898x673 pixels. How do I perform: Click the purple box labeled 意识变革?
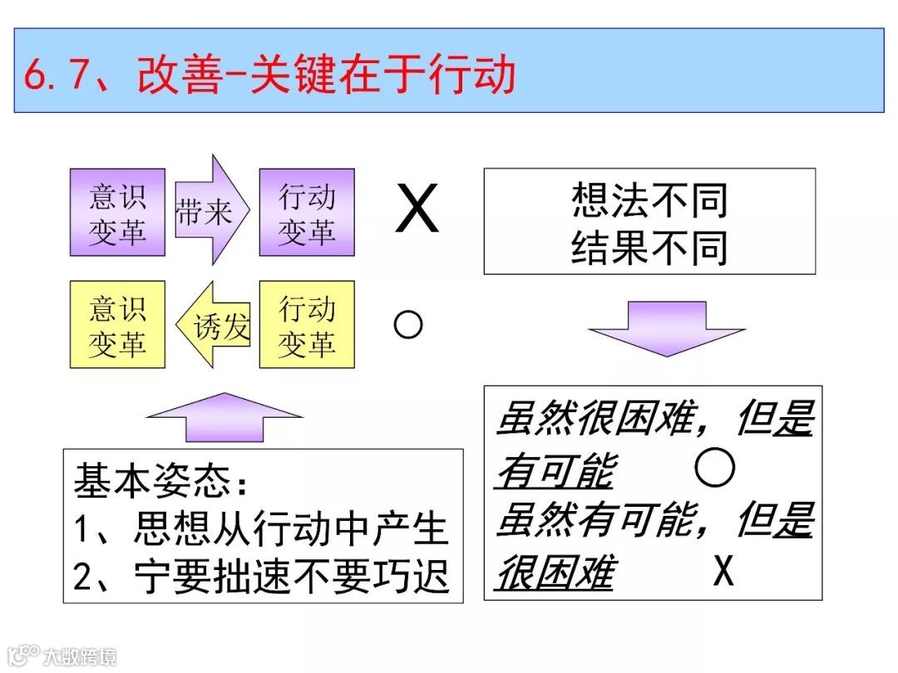pyautogui.click(x=117, y=213)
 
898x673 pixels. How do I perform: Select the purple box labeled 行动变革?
pyautogui.click(x=307, y=213)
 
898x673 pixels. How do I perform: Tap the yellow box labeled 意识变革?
pyautogui.click(x=117, y=325)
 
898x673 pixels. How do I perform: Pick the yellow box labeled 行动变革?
pyautogui.click(x=307, y=325)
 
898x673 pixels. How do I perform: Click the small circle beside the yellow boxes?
pyautogui.click(x=407, y=325)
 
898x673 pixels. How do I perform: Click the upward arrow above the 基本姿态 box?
pyautogui.click(x=224, y=416)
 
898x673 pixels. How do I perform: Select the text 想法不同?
pyautogui.click(x=649, y=200)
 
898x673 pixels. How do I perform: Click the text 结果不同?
pyautogui.click(x=649, y=247)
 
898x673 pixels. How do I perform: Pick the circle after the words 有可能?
pyautogui.click(x=715, y=469)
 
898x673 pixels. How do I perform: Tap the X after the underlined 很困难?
pyautogui.click(x=723, y=572)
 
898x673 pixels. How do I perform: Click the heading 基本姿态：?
pyautogui.click(x=162, y=480)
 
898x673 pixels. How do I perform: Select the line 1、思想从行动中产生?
pyautogui.click(x=261, y=528)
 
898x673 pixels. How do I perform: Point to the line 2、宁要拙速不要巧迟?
pyautogui.click(x=261, y=575)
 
